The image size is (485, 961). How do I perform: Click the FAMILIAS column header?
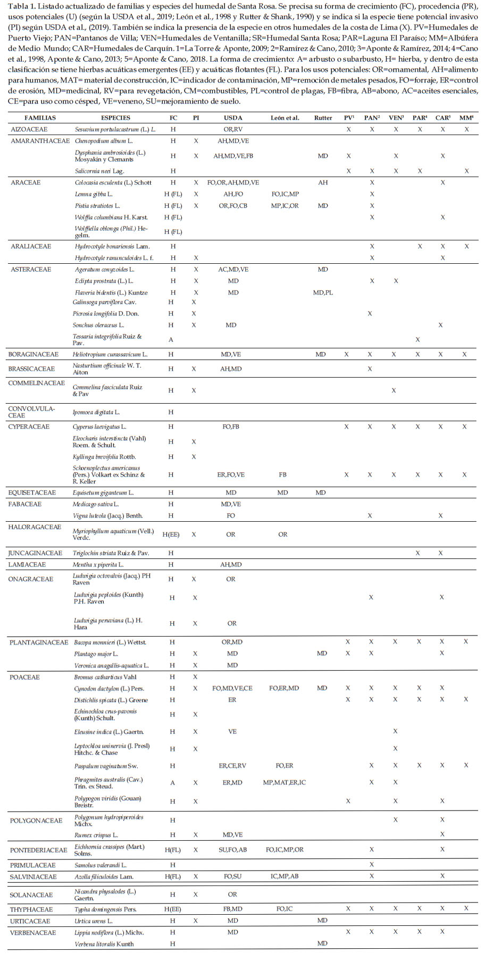coord(40,118)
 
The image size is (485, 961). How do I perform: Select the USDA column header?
coord(233,118)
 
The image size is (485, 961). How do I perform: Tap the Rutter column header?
coord(323,118)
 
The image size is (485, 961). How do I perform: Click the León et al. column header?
coord(285,118)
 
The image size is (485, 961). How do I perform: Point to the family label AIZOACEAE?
coord(29,129)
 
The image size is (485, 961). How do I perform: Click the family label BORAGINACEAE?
coord(33,354)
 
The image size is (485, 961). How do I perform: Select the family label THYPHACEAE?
coord(31,909)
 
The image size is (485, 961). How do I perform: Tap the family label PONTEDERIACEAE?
coord(38,850)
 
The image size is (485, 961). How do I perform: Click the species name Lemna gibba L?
coord(94,194)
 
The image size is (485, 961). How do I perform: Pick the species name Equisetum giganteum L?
coord(103,492)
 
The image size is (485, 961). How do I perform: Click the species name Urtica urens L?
coord(94,921)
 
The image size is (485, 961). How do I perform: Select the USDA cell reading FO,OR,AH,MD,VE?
coord(233,182)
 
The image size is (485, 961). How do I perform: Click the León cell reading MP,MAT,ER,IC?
coord(285,782)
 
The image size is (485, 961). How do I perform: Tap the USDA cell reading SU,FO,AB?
coord(232,850)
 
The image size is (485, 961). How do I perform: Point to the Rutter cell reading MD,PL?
coord(323,293)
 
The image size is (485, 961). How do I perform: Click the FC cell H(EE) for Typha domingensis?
coord(172,909)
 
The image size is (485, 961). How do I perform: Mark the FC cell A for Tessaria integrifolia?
coord(171,339)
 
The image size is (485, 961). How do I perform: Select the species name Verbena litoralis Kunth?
coord(104,944)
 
